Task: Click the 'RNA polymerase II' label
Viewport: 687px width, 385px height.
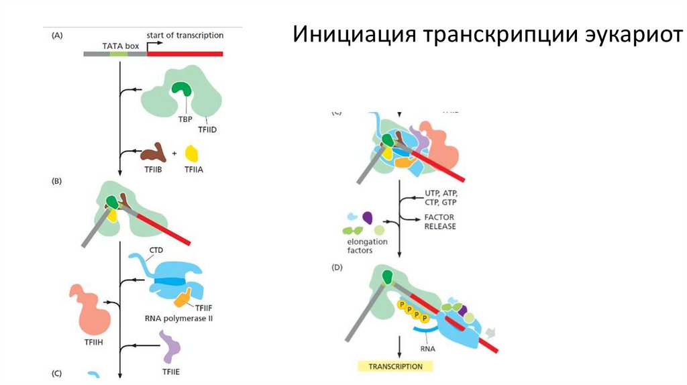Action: pyautogui.click(x=176, y=319)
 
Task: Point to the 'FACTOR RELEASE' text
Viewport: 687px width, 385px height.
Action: pyautogui.click(x=439, y=222)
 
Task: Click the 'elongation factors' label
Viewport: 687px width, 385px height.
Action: pyautogui.click(x=362, y=246)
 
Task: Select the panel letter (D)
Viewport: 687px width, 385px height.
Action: pyautogui.click(x=337, y=267)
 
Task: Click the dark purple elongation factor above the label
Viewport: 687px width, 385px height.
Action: pyautogui.click(x=367, y=217)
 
